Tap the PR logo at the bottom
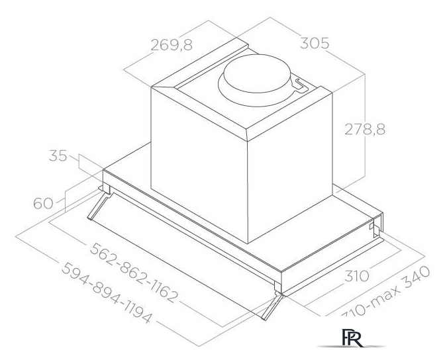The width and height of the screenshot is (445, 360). (x=345, y=336)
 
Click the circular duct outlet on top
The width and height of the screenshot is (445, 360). (x=256, y=77)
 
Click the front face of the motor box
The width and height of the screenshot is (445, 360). (x=199, y=165)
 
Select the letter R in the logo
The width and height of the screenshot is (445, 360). (x=350, y=336)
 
